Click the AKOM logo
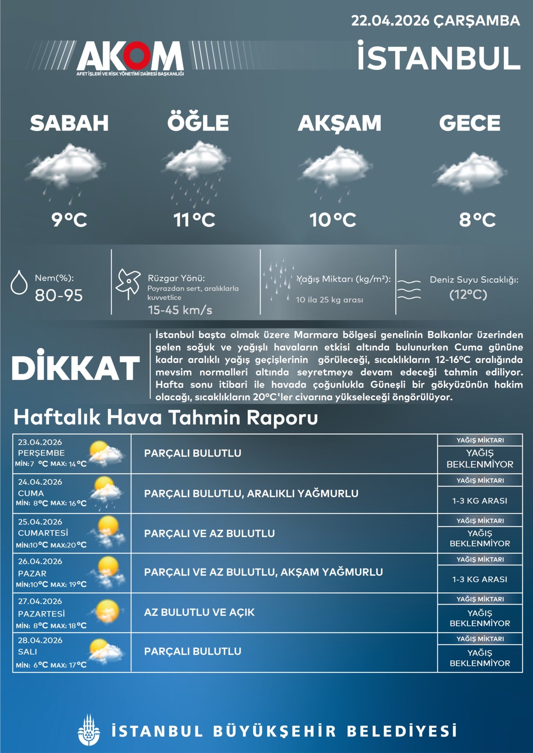point(130,56)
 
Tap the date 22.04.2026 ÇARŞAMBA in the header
point(435,21)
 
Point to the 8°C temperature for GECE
point(477,220)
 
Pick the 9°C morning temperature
point(69,220)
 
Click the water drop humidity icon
point(19,282)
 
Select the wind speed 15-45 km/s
point(180,310)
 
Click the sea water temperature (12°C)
point(468,295)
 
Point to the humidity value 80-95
point(59,295)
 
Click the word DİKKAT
point(76,368)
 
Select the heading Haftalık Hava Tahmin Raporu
point(166,418)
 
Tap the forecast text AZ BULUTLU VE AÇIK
point(199,612)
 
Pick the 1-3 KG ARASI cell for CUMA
point(480,501)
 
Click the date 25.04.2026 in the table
point(40,522)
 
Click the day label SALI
point(28,652)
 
